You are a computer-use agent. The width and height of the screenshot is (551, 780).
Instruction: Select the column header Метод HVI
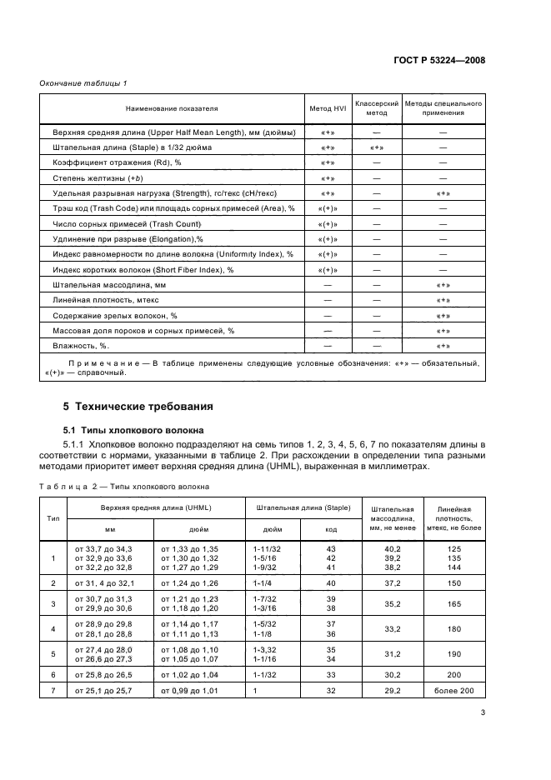[327, 109]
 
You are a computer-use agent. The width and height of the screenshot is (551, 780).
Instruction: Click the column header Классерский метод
[377, 109]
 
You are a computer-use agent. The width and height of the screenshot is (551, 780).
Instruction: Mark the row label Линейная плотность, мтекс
[103, 300]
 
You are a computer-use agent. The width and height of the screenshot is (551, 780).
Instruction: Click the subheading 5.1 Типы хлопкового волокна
[133, 430]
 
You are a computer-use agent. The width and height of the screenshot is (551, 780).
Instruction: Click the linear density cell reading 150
[454, 582]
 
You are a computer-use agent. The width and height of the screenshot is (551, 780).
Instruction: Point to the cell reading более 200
[454, 691]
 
